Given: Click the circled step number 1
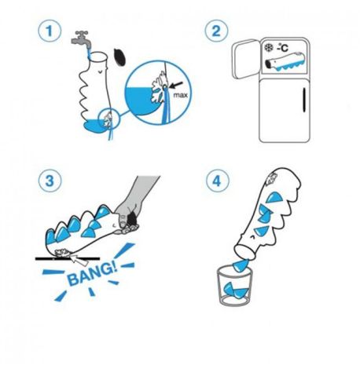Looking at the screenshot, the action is [50, 31].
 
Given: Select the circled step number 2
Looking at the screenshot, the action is [216, 31].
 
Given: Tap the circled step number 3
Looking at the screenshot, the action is [50, 181].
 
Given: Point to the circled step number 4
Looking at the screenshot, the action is [217, 181].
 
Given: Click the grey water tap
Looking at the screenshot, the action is [80, 38].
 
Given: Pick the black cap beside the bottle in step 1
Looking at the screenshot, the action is [120, 57].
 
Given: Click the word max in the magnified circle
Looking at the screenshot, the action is [181, 95].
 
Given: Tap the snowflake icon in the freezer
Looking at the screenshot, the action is [269, 48].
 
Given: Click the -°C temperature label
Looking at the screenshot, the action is [282, 48].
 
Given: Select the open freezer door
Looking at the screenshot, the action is [245, 59].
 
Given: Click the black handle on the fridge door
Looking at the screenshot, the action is [304, 100].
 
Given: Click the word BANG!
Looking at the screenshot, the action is [91, 273].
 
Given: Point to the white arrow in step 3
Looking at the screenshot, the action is [80, 259].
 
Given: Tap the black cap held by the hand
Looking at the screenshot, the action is [132, 219].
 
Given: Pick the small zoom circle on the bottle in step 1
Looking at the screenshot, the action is [108, 119].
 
